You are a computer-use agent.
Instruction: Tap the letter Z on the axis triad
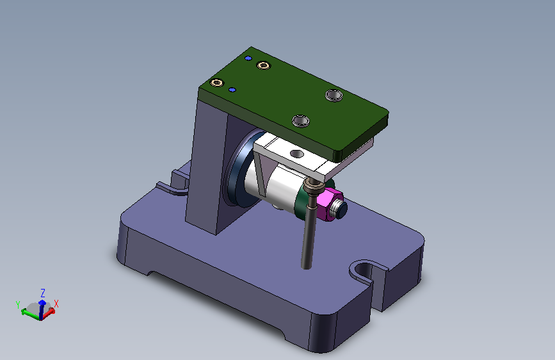pos(43,293)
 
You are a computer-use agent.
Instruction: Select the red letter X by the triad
pos(56,304)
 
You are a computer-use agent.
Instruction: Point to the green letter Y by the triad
pos(18,304)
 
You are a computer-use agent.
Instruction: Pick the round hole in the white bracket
pos(296,154)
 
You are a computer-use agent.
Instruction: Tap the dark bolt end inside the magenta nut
pos(341,209)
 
